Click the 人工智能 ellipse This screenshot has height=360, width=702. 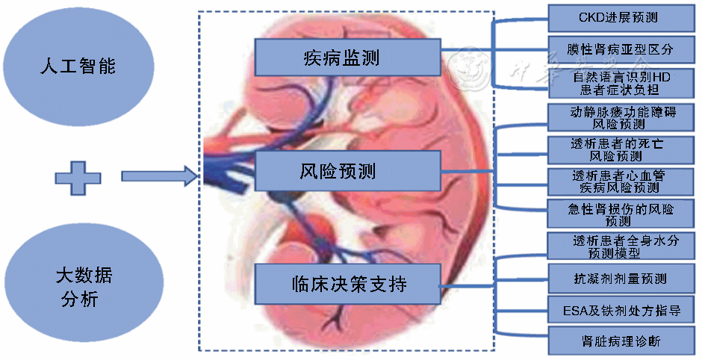78,66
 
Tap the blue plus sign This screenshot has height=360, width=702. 77,177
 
